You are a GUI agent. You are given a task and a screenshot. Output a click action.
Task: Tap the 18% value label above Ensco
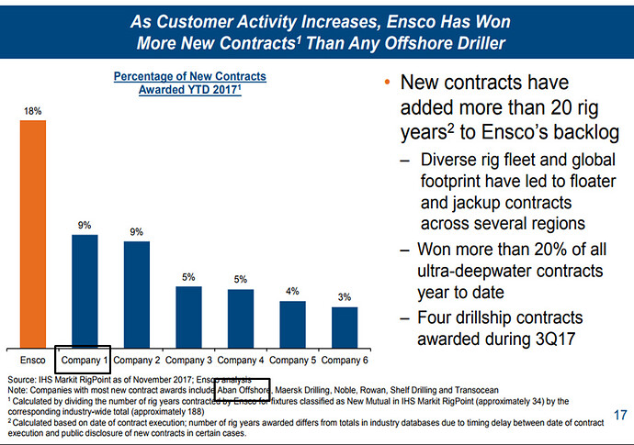[x=31, y=111]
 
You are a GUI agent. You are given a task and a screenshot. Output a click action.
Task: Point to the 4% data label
[x=292, y=291]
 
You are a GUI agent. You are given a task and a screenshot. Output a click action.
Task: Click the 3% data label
[x=345, y=297]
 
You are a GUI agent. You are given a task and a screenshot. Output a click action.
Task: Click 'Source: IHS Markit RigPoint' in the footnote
[x=64, y=378]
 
